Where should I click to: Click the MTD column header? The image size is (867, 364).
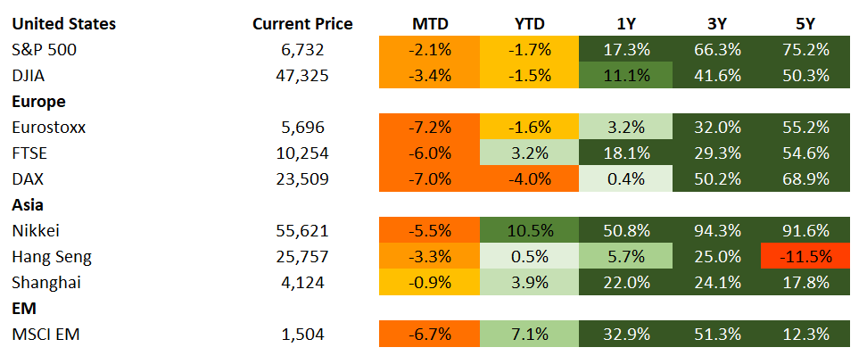tap(429, 23)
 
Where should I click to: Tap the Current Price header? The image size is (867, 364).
tap(302, 23)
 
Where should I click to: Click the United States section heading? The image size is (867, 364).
tap(63, 23)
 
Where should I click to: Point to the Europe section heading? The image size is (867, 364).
tap(39, 101)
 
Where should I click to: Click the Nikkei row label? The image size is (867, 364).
tap(37, 230)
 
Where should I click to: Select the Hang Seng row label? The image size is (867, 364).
tap(52, 256)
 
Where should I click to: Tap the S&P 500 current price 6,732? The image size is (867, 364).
tap(302, 49)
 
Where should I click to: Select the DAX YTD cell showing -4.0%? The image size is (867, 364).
tap(529, 178)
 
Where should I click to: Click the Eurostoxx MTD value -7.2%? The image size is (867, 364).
tap(429, 127)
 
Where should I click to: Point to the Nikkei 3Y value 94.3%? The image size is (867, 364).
tap(718, 230)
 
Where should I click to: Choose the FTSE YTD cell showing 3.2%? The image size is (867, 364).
tap(529, 153)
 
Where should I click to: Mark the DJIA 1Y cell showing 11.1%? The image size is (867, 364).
tap(624, 75)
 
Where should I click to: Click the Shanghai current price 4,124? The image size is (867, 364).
tap(302, 282)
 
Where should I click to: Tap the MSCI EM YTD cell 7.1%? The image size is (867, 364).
tap(529, 334)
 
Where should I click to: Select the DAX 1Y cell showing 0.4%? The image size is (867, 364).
tap(624, 178)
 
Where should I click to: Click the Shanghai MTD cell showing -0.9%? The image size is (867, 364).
tap(429, 282)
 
